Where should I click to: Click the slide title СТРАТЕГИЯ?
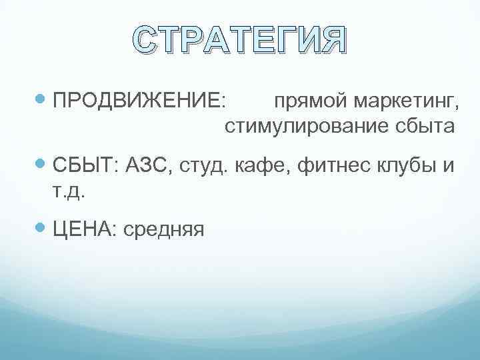click(x=239, y=41)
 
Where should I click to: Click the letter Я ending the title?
click(x=332, y=41)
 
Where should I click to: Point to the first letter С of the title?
click(x=146, y=41)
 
